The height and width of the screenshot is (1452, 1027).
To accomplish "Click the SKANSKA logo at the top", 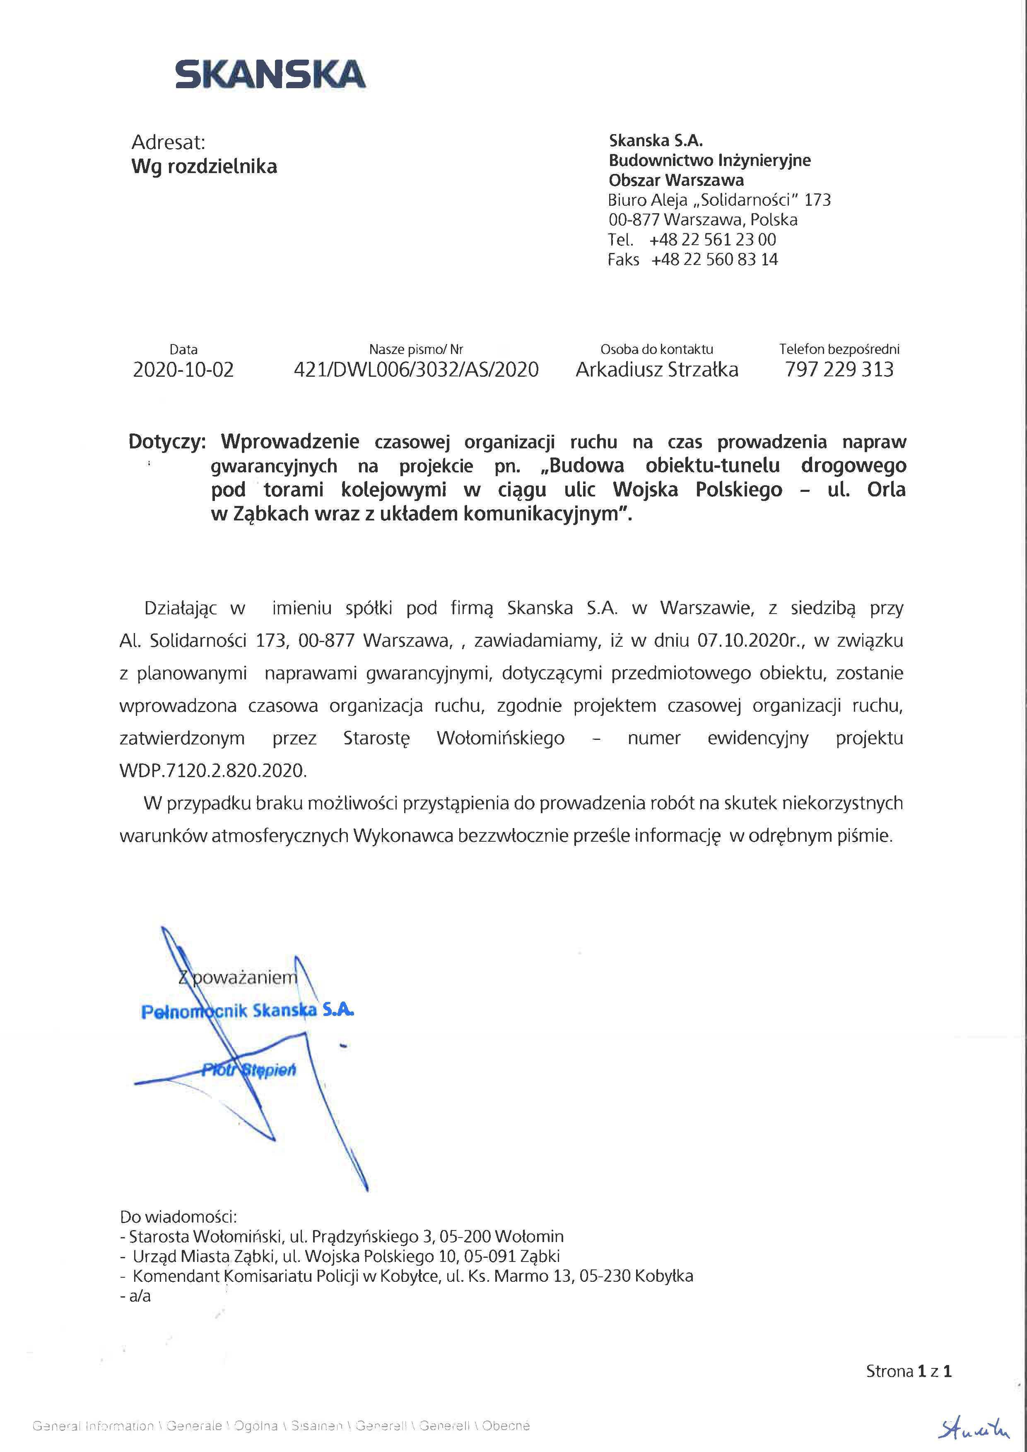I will coord(270,74).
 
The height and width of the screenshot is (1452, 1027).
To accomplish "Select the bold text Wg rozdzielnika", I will coord(204,166).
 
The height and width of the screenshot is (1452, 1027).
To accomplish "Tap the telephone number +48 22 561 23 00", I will coord(712,240).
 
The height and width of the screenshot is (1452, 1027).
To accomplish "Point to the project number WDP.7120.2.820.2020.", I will coord(212,771).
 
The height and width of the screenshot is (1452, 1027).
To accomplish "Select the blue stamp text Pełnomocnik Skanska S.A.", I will coord(247,1011).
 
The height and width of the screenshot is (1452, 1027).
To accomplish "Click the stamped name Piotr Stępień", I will coord(248,1070).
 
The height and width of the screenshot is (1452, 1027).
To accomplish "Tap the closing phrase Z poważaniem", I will coord(238,978).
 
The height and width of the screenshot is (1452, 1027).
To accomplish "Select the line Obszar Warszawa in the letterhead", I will coord(676,180).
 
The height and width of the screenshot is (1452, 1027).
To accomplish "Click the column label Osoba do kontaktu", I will coord(656,349).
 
